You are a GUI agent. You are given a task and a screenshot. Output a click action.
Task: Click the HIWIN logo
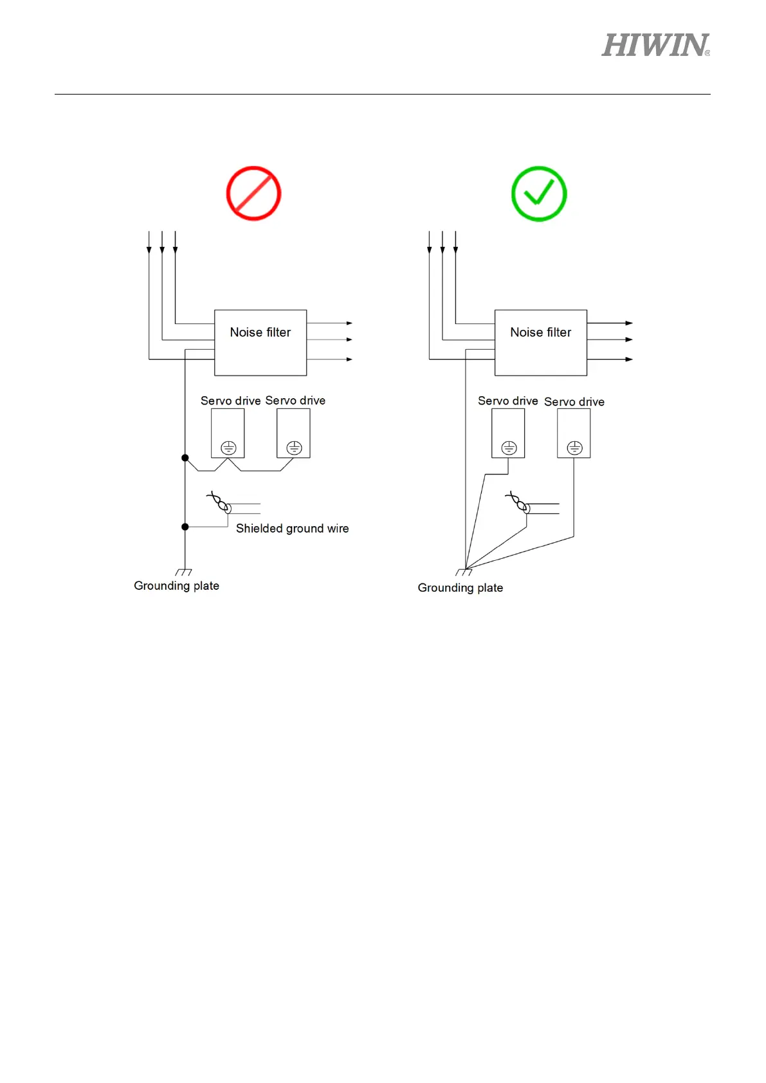coord(655,46)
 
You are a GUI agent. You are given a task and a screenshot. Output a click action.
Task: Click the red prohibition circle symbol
coord(253,194)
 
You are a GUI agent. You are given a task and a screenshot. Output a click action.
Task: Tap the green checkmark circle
coord(539,194)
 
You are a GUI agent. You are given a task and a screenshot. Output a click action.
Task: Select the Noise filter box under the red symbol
coord(260,343)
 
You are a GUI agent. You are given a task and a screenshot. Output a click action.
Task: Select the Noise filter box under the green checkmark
coord(540,343)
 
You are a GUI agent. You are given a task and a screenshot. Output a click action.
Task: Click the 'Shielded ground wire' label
coord(292,529)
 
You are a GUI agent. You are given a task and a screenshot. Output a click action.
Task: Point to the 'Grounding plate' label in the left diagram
coord(176,586)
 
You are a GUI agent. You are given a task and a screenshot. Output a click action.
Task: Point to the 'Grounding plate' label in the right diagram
coord(460,588)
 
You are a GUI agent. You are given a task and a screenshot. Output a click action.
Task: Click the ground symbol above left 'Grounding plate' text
coord(184,572)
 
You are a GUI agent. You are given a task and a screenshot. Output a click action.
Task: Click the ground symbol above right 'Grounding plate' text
coord(464,572)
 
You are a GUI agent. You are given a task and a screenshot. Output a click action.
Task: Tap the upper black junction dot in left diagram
coord(185,458)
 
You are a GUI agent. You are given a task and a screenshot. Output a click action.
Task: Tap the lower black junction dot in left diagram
coord(185,527)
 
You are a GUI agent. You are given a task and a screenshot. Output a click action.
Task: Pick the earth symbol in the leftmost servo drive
coord(228,448)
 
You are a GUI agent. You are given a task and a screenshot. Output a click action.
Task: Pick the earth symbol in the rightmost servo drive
coord(574,448)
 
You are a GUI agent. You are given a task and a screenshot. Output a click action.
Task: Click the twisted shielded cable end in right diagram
coord(519,503)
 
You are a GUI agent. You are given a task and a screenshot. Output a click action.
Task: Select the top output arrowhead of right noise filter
coord(629,323)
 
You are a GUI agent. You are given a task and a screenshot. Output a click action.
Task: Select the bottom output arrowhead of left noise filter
coord(349,359)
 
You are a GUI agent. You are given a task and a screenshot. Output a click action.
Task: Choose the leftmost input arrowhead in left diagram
coord(149,250)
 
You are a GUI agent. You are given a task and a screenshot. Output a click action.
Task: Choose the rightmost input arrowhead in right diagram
coord(455,250)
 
